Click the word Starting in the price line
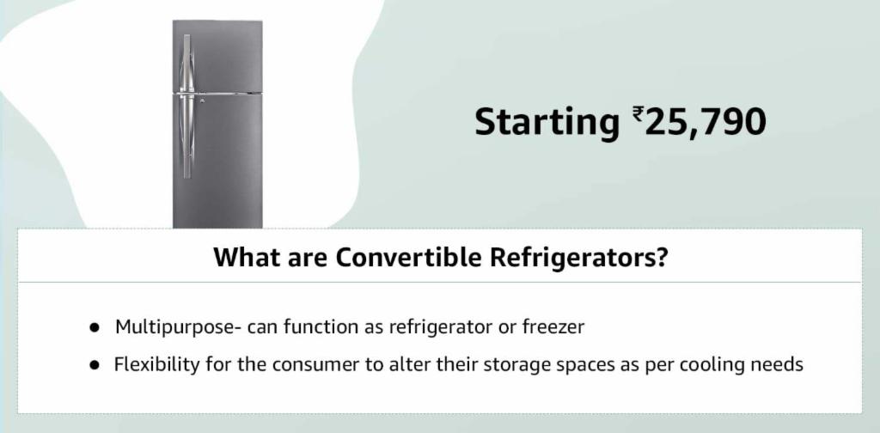click(x=547, y=122)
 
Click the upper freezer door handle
click(x=186, y=62)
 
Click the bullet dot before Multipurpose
click(x=95, y=328)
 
